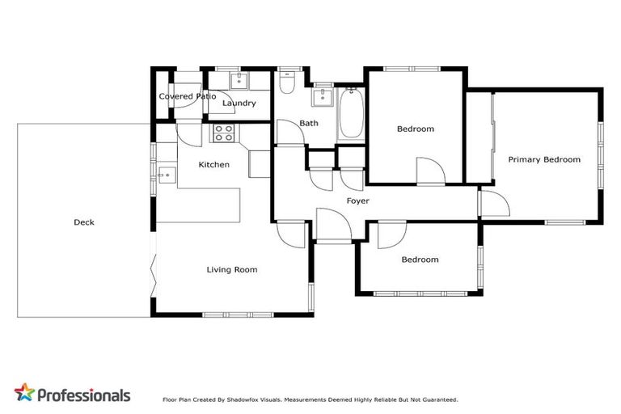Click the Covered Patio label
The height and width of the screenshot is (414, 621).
pos(187,96)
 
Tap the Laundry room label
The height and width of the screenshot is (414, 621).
pos(239,103)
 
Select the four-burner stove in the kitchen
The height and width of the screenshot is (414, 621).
pos(223,133)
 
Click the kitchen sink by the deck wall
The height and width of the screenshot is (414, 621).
pos(166,174)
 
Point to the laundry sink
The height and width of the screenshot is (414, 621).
pos(239,80)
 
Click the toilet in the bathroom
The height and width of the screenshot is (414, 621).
pos(287,85)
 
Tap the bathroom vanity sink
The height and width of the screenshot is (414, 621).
pos(321,96)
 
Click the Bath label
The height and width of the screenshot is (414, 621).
pos(308,123)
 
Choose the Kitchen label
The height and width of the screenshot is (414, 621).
pos(213,164)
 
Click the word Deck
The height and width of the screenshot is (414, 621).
pos(84,222)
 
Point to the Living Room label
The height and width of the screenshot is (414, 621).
pos(232,269)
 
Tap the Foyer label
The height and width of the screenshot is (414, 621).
pos(357,200)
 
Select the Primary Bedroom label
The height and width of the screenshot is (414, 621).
pos(543,159)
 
